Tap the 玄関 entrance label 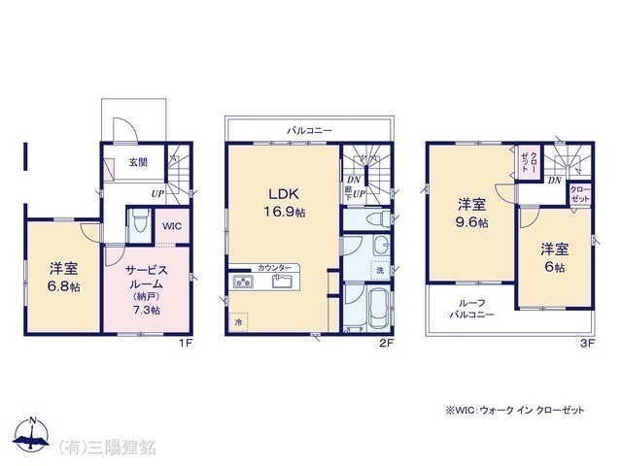tap(138, 164)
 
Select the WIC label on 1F tap(172, 226)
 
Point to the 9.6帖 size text tap(473, 221)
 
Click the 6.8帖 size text tap(63, 288)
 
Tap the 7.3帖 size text tap(149, 310)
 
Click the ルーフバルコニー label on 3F tap(471, 308)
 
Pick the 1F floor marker tap(186, 343)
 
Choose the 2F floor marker tap(386, 343)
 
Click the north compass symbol tap(32, 436)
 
